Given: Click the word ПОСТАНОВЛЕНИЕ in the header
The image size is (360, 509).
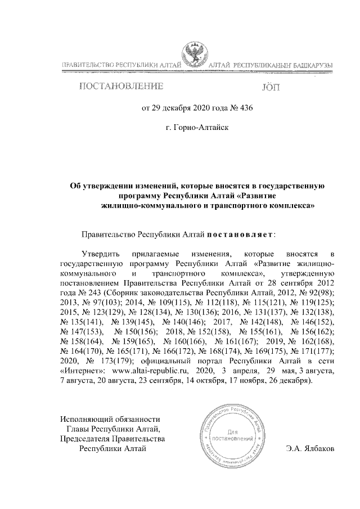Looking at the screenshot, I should click(121, 87).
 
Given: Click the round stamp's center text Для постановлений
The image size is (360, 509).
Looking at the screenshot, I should click(228, 434).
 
